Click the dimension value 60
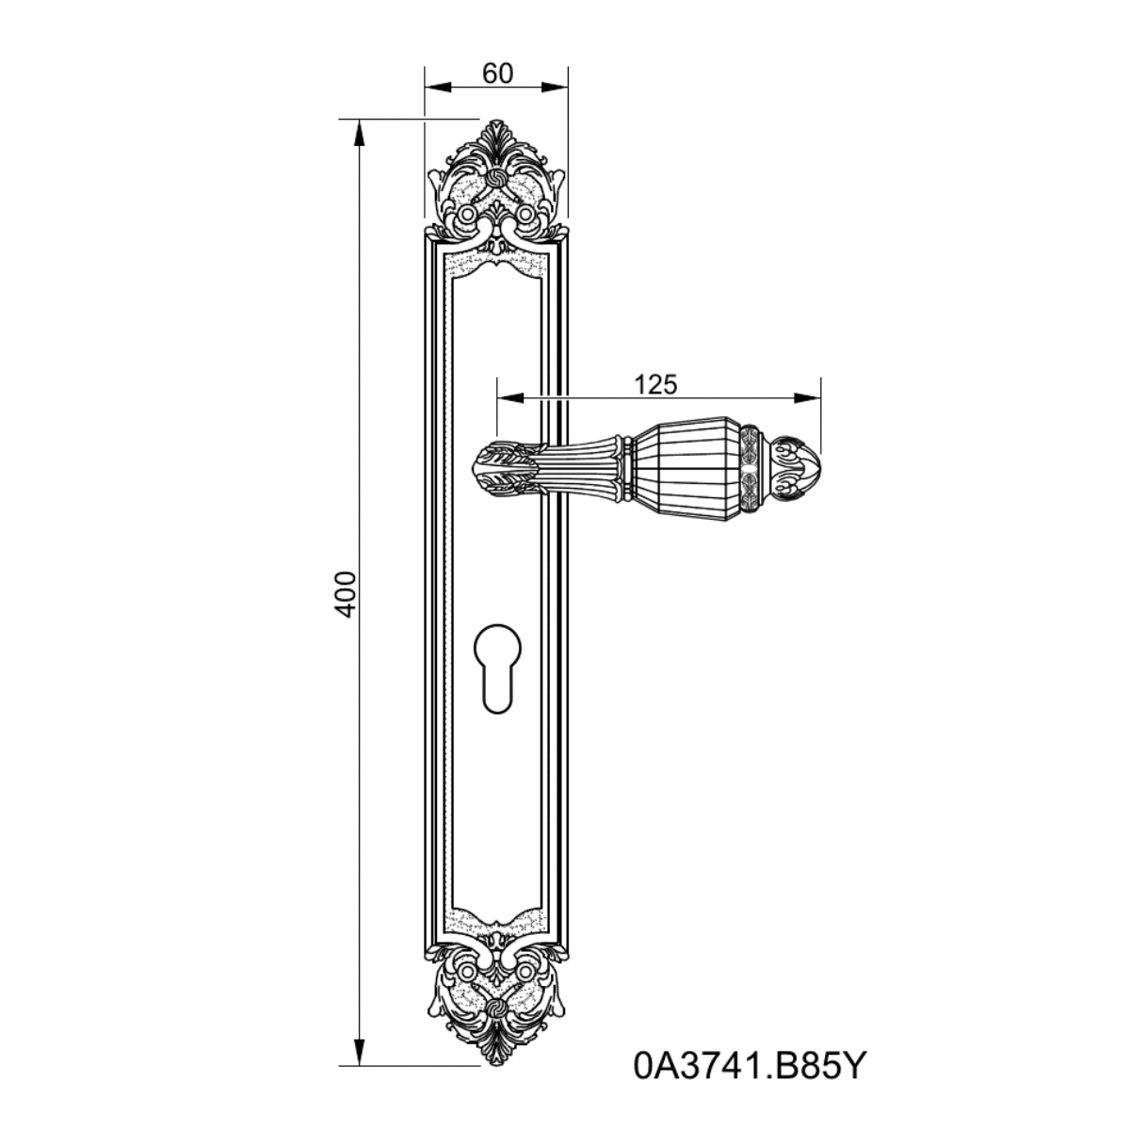pyautogui.click(x=497, y=73)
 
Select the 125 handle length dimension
pyautogui.click(x=655, y=385)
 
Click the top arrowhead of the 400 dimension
pyautogui.click(x=359, y=132)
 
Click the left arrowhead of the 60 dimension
pyautogui.click(x=438, y=88)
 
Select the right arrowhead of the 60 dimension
pyautogui.click(x=555, y=88)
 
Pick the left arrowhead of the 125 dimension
pyautogui.click(x=510, y=398)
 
